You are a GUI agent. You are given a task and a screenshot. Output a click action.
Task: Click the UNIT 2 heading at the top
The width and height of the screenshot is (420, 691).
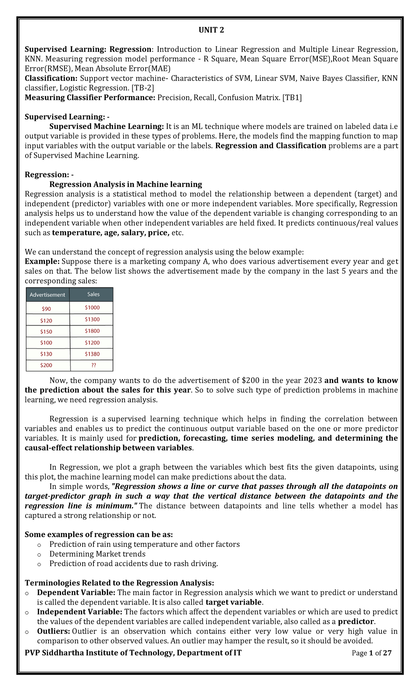click(x=211, y=30)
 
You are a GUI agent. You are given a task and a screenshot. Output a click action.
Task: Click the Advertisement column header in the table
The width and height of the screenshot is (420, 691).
click(x=47, y=295)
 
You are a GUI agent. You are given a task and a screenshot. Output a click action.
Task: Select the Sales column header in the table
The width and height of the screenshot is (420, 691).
click(x=93, y=294)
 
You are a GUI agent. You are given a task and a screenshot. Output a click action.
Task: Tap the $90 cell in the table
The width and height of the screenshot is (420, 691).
click(x=46, y=309)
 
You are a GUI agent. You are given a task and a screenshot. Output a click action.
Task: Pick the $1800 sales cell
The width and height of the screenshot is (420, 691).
click(x=92, y=331)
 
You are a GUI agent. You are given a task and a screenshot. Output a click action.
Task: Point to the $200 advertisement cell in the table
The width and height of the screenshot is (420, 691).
click(x=46, y=365)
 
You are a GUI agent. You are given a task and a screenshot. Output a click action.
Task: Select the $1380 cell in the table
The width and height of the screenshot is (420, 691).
click(x=92, y=354)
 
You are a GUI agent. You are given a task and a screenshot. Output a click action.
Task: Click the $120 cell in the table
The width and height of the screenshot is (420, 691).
click(x=46, y=320)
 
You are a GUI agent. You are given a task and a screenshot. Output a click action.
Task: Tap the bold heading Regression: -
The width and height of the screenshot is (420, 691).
click(x=49, y=174)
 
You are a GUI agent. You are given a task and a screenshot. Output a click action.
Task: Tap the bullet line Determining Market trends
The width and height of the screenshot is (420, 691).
click(x=97, y=554)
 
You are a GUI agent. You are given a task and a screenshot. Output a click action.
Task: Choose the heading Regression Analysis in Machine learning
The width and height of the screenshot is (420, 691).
click(x=126, y=184)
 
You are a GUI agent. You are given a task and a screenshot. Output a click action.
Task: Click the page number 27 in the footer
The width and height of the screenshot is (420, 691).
click(x=387, y=653)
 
